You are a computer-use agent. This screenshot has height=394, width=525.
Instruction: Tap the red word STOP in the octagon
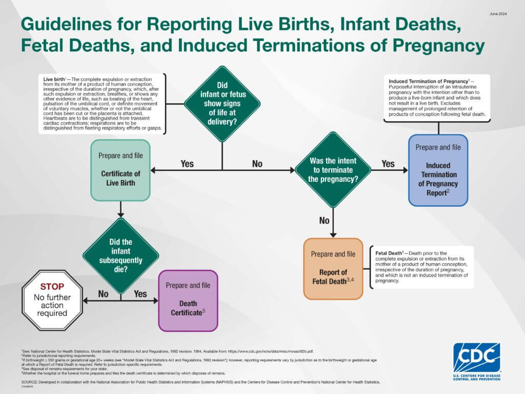coord(52,286)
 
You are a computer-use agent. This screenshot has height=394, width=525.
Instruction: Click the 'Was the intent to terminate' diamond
coord(333,170)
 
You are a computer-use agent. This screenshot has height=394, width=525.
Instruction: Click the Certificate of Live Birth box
coord(120,170)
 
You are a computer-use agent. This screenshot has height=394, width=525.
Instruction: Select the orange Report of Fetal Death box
coord(333,268)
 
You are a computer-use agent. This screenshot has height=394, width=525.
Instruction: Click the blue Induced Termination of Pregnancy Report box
coord(438,170)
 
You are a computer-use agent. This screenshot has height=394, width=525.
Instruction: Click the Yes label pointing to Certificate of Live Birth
coord(187,164)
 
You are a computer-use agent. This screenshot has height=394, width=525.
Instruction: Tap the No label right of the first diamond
coord(257,164)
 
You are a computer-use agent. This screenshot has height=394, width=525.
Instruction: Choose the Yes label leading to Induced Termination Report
coord(388,164)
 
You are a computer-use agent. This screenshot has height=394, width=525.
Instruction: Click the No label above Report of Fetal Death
coord(324,221)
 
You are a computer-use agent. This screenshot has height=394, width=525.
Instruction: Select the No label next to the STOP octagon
coord(103,294)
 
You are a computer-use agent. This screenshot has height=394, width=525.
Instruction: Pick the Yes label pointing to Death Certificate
coord(140,294)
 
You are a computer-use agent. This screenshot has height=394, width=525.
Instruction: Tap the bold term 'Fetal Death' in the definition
coord(388,253)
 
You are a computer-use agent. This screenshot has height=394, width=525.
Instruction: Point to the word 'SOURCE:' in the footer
coord(30,383)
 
